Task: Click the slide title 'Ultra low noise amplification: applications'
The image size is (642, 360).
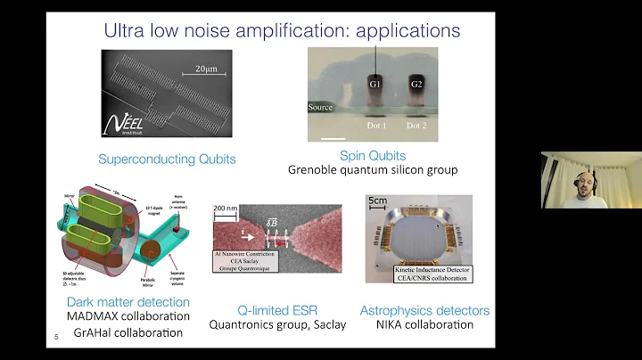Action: (282, 29)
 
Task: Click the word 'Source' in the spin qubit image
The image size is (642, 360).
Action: (320, 107)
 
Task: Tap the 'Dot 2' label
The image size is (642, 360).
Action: (416, 125)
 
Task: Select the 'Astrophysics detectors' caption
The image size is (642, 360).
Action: (424, 309)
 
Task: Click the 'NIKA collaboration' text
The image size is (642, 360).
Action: (424, 324)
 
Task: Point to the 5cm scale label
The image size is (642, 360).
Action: (378, 201)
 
